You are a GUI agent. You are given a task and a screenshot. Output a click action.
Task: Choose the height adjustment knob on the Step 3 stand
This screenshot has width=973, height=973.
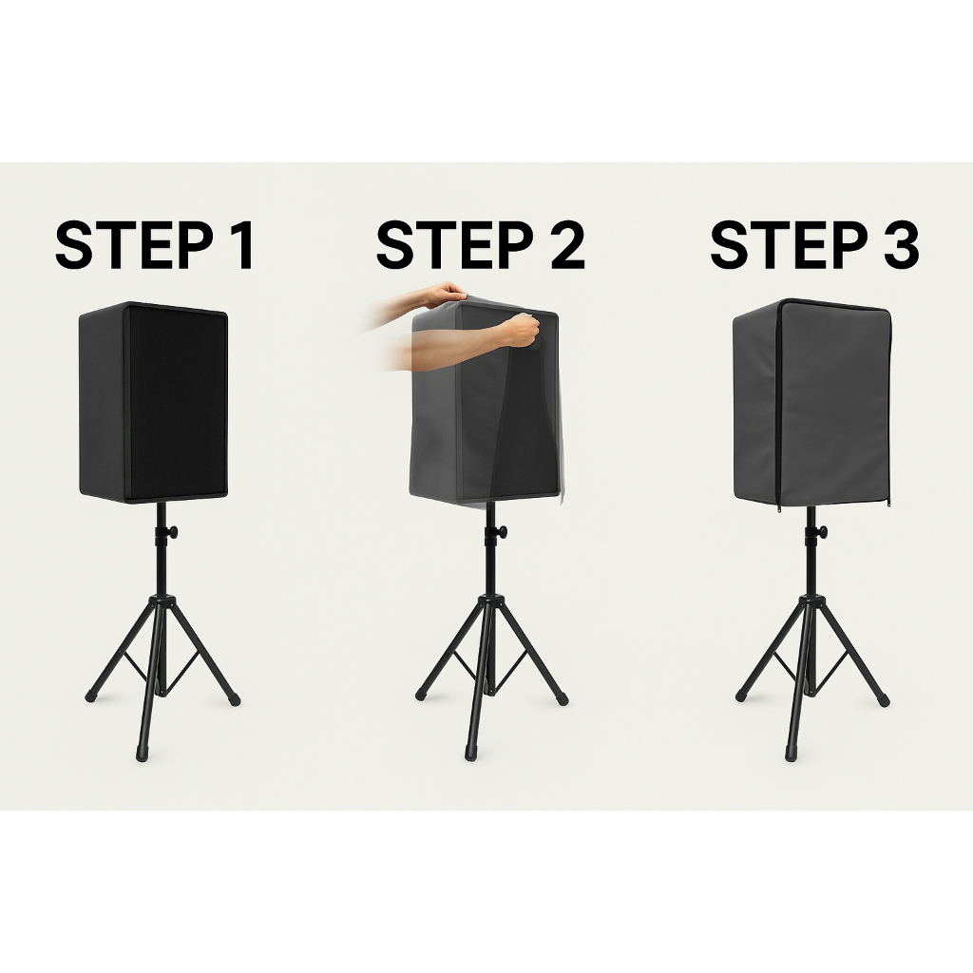pyautogui.click(x=823, y=532)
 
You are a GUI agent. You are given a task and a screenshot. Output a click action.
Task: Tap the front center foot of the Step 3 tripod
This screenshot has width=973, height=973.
pyautogui.click(x=792, y=753)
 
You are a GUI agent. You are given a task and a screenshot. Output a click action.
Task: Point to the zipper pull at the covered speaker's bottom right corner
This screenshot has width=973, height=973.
pyautogui.click(x=889, y=505)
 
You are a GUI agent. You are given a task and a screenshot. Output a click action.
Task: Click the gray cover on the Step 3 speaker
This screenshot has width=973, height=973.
pyautogui.click(x=811, y=403)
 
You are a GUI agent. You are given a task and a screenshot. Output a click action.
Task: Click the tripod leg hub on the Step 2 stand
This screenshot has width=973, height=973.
pyautogui.click(x=491, y=602)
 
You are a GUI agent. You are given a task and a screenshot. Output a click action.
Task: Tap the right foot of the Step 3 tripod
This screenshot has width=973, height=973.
pyautogui.click(x=883, y=700)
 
